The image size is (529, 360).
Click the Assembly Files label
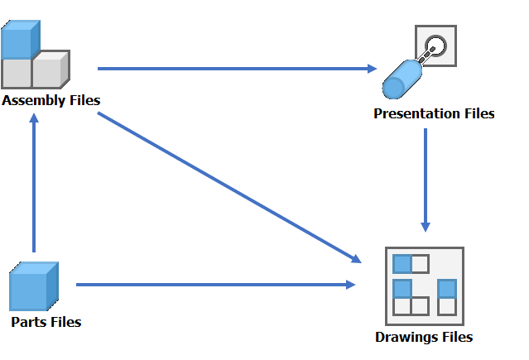pyautogui.click(x=51, y=100)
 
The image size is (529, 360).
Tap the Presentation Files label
pyautogui.click(x=434, y=113)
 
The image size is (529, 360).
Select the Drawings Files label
pyautogui.click(x=424, y=337)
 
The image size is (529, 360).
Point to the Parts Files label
pyautogui.click(x=46, y=321)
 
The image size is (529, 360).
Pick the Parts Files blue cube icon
pyautogui.click(x=33, y=286)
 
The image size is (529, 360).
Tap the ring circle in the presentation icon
pyautogui.click(x=437, y=46)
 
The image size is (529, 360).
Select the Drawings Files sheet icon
pyautogui.click(x=425, y=286)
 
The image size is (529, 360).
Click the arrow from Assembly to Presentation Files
pyautogui.click(x=236, y=69)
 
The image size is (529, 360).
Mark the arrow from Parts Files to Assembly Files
pyautogui.click(x=33, y=182)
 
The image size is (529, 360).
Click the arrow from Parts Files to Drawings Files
pyautogui.click(x=215, y=285)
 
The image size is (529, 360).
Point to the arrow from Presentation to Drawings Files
pyautogui.click(x=426, y=179)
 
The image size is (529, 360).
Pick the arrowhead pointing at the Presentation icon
pyautogui.click(x=373, y=69)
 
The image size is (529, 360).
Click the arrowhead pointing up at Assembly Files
pyautogui.click(x=33, y=118)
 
